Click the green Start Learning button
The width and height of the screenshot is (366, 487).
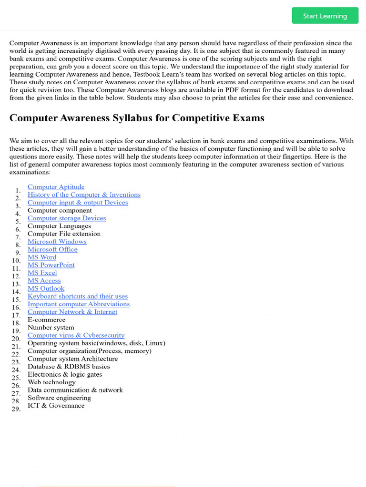pos(325,16)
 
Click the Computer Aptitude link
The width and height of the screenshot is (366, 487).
pos(56,187)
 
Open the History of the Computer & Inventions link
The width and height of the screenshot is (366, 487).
pos(84,195)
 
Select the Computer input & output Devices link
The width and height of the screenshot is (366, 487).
pos(78,203)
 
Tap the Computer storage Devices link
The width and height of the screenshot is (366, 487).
pos(67,218)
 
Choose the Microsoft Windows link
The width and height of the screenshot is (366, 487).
pos(57,242)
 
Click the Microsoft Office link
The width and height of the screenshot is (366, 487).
pos(52,249)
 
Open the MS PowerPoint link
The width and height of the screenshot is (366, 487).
pos(51,265)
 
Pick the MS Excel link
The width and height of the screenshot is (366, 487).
pos(42,273)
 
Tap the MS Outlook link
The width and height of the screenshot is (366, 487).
pos(46,288)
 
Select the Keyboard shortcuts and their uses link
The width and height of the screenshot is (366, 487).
pos(78,296)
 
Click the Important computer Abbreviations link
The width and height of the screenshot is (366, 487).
pos(79,304)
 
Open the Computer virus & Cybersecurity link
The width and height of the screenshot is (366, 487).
pos(76,335)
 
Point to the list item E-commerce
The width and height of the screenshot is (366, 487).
pos(46,320)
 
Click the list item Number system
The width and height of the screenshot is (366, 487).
pos(51,327)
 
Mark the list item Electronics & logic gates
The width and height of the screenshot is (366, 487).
pos(65,374)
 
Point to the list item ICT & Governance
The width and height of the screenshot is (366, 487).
pos(56,406)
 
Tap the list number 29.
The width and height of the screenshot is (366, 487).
pos(16,409)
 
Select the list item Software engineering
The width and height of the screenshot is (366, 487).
pos(59,398)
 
